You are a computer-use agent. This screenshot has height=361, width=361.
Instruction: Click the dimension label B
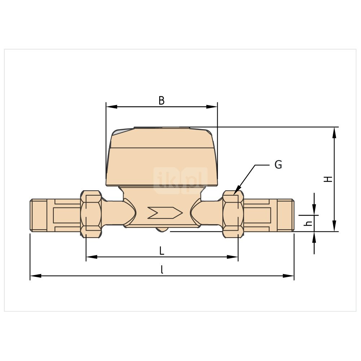point(162,101)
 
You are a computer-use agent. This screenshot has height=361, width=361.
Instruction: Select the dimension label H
point(328,179)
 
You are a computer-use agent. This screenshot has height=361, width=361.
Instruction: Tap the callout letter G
point(278,165)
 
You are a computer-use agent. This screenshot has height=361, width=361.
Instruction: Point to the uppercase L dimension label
point(162,251)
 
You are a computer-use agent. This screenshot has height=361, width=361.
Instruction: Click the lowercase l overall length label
point(162,270)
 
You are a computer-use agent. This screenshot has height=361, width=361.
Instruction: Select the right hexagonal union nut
point(233,214)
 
